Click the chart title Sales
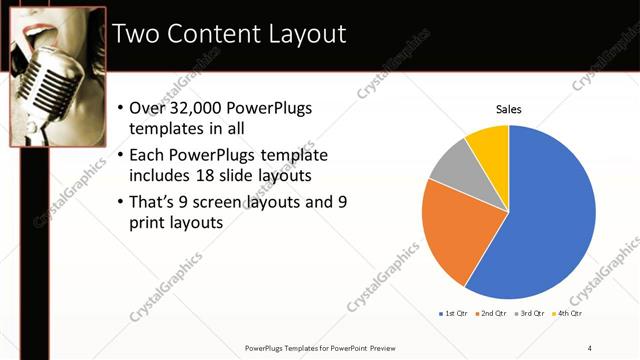[x=509, y=109]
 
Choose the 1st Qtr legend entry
[x=454, y=314]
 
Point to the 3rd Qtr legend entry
[x=530, y=314]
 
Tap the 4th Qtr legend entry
[x=568, y=314]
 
